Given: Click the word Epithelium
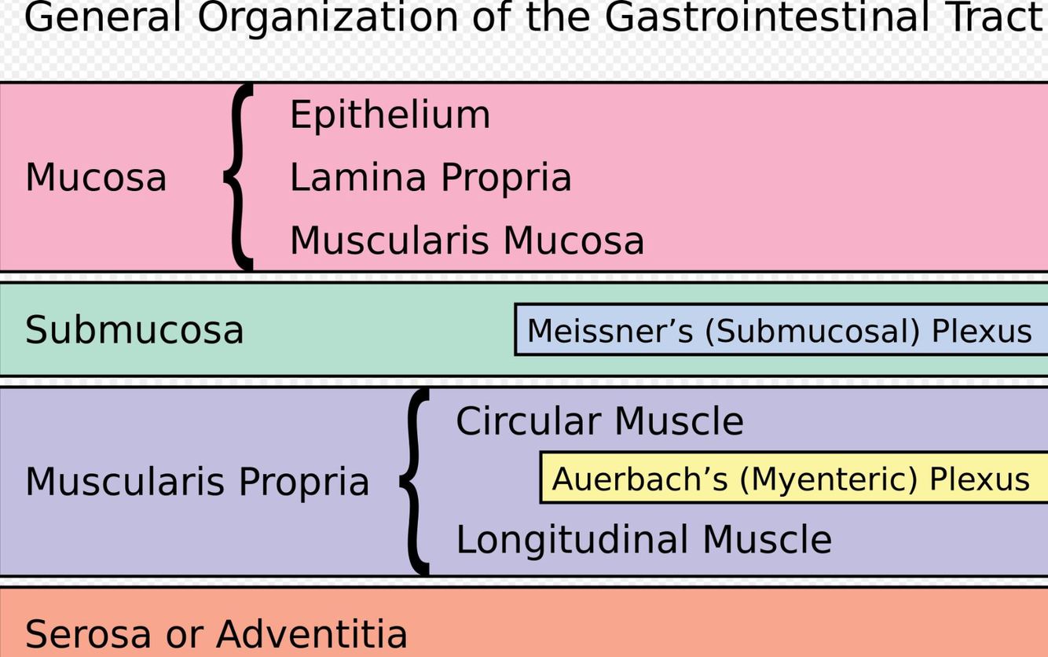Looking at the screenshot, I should point(390,116).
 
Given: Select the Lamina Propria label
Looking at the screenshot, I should point(430,178).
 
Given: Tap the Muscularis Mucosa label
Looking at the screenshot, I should point(467,240).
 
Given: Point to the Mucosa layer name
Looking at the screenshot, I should point(96,178).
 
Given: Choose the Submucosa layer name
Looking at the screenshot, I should point(134,330).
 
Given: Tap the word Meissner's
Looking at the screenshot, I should point(610,331).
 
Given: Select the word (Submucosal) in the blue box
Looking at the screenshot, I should point(812,331).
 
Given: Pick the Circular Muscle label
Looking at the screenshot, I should point(599,421).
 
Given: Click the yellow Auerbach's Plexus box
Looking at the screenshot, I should point(791,478).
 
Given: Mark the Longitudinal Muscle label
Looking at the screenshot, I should point(643,540).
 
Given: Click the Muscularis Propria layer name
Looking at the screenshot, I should point(197,482).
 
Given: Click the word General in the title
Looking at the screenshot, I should point(103,17).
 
